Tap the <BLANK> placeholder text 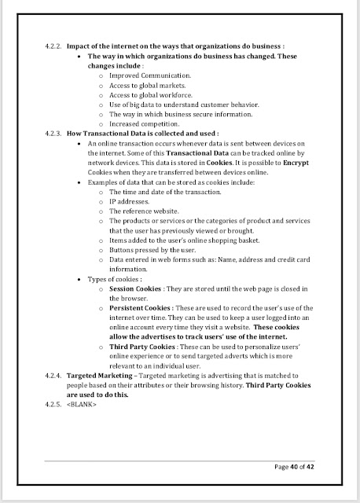(x=85, y=405)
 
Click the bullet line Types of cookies (x=115, y=279)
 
